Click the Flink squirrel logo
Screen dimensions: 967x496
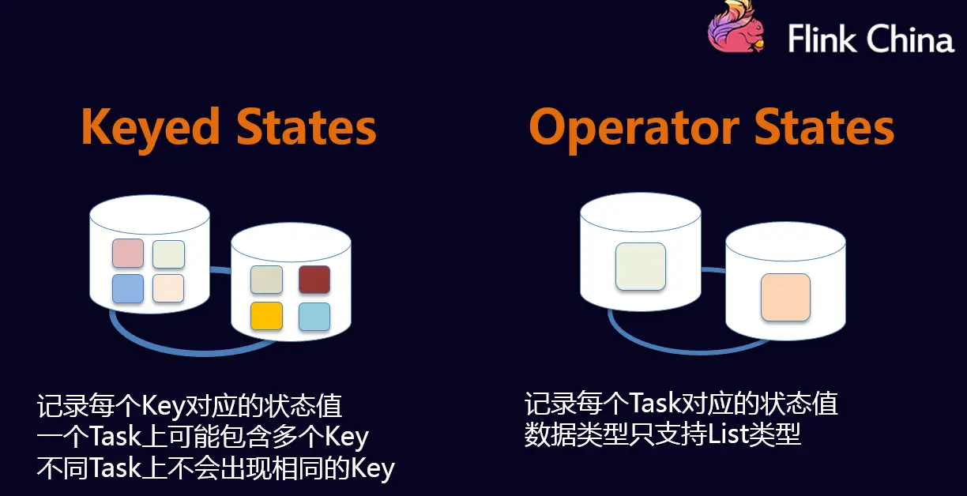(737, 28)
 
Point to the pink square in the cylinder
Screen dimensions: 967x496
(128, 253)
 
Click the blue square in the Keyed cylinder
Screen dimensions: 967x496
(128, 288)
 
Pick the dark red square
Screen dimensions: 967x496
(314, 280)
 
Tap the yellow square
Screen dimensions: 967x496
(266, 316)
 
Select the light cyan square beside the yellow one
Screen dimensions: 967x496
(314, 316)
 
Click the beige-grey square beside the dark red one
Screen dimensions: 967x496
(266, 280)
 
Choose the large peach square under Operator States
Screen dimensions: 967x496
(785, 297)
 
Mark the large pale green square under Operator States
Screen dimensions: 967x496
(640, 265)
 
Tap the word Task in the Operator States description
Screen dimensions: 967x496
(655, 404)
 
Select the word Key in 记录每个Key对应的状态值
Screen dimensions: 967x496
(162, 406)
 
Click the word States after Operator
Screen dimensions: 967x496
(824, 128)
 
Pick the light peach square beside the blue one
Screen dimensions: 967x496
(168, 288)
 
